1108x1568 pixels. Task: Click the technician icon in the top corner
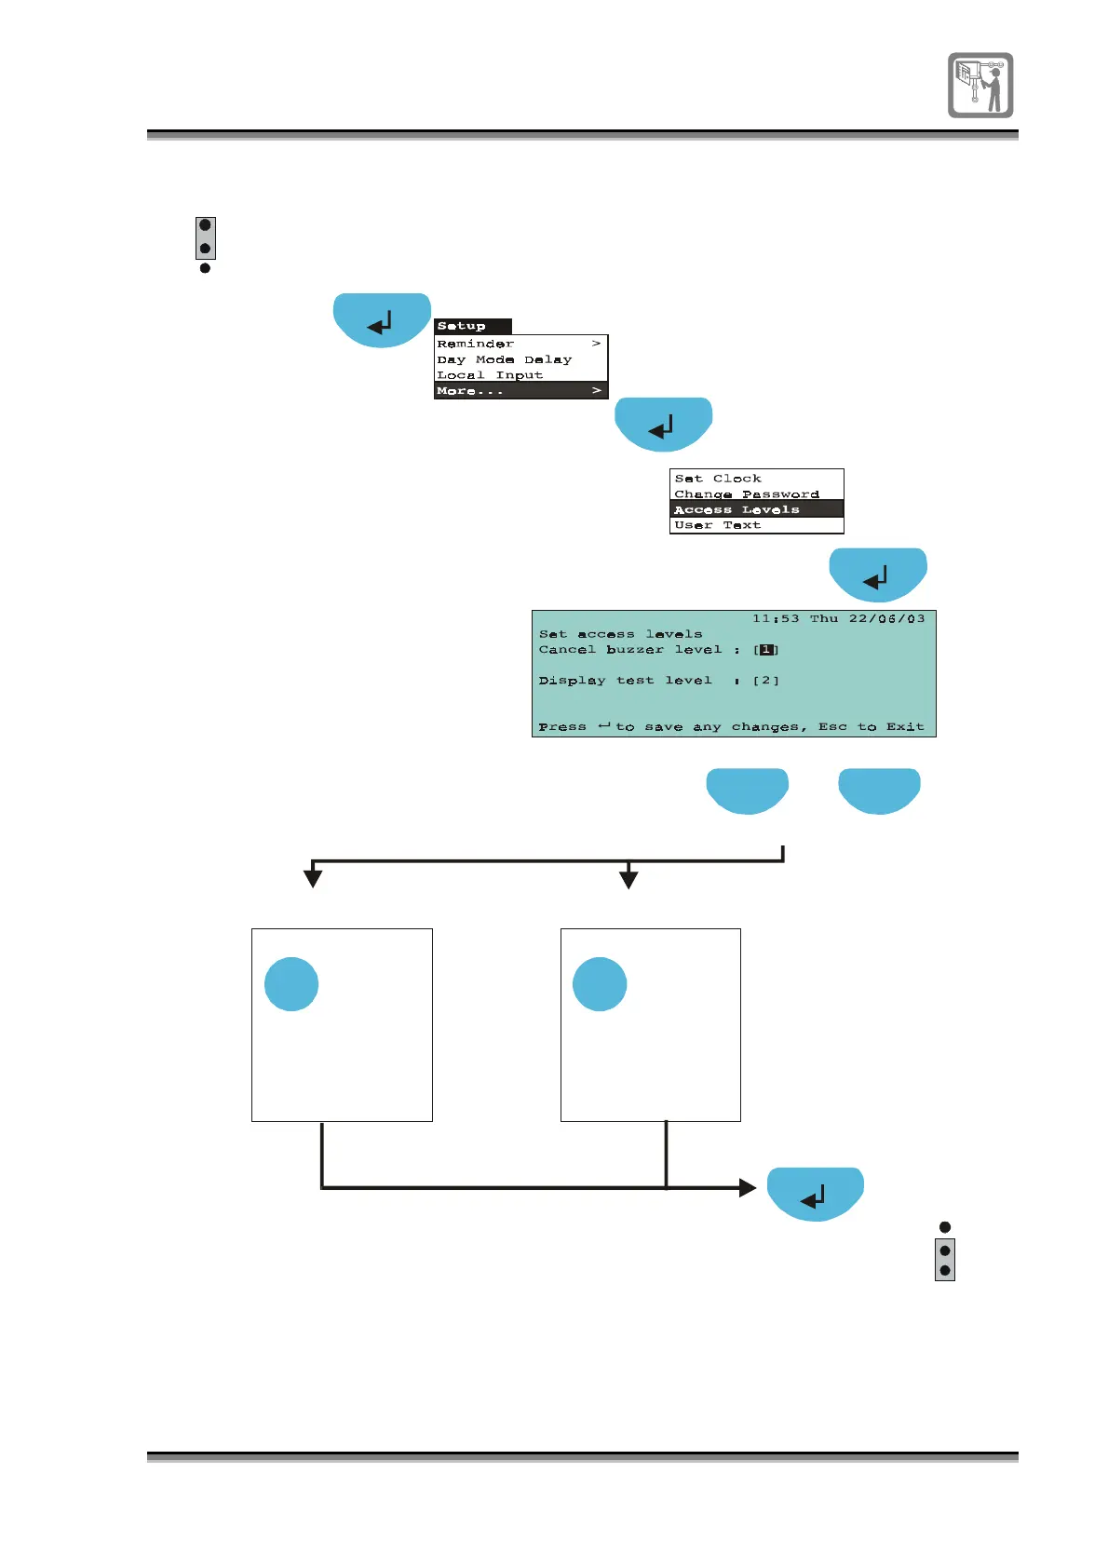980,85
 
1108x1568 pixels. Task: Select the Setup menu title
462,326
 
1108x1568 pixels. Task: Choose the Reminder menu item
476,344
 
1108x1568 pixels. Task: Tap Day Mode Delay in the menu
505,359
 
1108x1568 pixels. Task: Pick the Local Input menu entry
490,375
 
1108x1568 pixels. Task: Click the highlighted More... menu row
520,391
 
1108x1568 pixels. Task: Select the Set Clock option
718,479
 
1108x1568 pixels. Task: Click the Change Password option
747,494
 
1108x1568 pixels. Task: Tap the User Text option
718,525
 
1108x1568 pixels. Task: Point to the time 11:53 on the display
776,618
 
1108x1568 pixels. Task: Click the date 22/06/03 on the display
886,618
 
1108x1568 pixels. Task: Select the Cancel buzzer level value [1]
766,650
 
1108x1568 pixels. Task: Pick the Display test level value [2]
766,681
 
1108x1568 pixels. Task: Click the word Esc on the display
833,727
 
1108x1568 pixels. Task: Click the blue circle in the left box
291,984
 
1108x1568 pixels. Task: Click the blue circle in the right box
600,984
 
